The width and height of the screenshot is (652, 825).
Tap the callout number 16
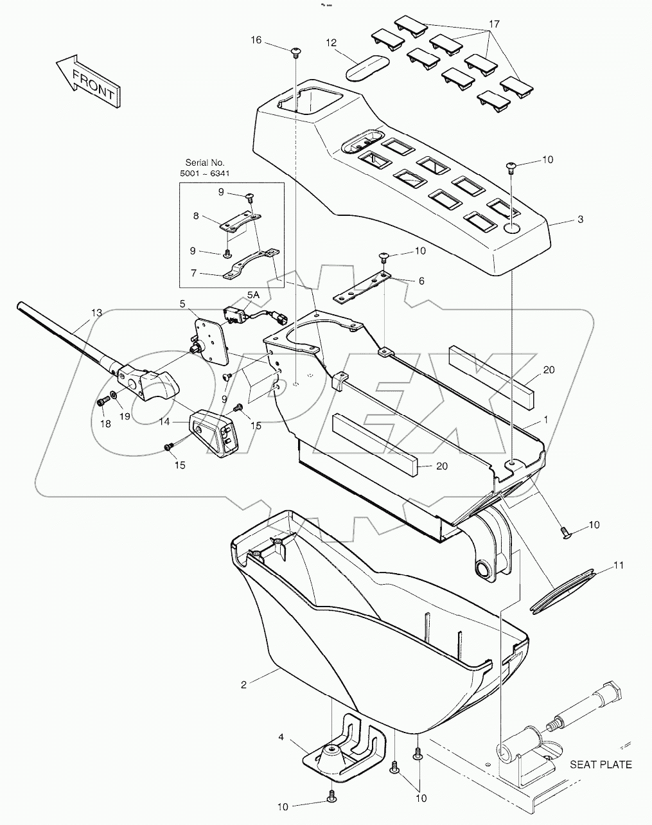tap(256, 40)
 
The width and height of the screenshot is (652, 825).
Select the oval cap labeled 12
tap(367, 67)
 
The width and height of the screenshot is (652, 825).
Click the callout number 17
tap(493, 24)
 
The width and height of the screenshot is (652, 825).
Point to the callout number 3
tap(580, 219)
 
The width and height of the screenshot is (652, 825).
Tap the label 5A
tap(254, 295)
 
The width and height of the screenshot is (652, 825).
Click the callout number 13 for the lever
tap(96, 313)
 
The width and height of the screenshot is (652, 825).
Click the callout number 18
tap(105, 423)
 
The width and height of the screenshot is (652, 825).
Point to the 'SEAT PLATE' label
tap(601, 764)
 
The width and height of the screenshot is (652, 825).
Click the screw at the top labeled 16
tap(295, 51)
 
